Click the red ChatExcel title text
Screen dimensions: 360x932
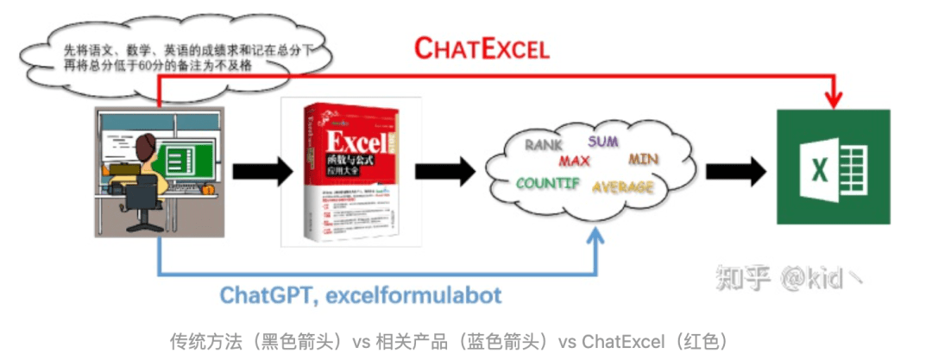[x=481, y=48]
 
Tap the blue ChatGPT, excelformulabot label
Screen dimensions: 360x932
[x=361, y=295]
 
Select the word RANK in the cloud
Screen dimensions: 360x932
[x=545, y=145]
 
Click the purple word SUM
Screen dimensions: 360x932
[x=603, y=141]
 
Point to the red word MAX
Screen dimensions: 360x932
[x=574, y=161]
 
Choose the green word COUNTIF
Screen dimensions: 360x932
[x=548, y=183]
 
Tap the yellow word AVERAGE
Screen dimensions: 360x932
[x=623, y=186]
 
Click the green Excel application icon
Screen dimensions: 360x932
[x=833, y=167]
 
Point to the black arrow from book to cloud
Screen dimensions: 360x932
[x=445, y=168]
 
